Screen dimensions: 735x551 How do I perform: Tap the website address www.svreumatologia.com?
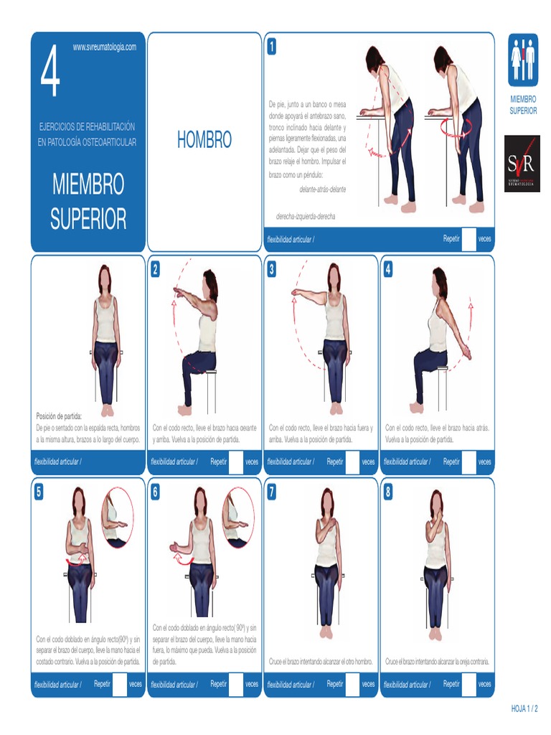click(x=105, y=47)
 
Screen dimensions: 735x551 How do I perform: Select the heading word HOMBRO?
click(x=204, y=141)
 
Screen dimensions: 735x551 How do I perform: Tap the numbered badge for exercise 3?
click(x=272, y=269)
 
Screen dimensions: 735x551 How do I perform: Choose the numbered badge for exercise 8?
click(x=388, y=492)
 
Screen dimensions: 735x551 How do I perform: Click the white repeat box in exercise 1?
click(x=468, y=239)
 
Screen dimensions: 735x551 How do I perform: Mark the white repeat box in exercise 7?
click(x=352, y=684)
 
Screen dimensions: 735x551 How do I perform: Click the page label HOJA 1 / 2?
click(x=524, y=708)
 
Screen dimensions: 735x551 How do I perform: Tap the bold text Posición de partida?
click(x=59, y=416)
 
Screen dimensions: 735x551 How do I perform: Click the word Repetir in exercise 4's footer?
click(x=451, y=462)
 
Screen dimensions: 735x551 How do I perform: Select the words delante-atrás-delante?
click(x=322, y=189)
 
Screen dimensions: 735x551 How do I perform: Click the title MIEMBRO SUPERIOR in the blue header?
click(x=88, y=201)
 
